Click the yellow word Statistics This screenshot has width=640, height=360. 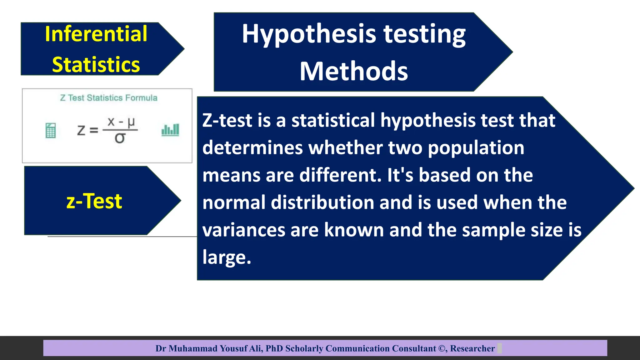tap(96, 65)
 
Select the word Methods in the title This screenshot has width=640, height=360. tap(354, 71)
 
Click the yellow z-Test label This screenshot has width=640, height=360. tap(94, 201)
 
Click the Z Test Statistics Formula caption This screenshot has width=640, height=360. tap(108, 98)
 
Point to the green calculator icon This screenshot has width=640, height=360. tap(51, 130)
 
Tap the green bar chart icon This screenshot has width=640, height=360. tap(170, 130)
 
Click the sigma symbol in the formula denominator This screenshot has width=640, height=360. tap(120, 138)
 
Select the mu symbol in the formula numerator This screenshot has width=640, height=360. tap(131, 122)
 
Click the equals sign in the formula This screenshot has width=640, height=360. tap(94, 130)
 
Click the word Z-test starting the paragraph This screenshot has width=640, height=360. tap(227, 120)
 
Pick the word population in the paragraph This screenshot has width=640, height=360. tap(476, 147)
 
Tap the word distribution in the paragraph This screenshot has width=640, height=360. tap(322, 202)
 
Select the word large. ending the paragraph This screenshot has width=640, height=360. tap(227, 257)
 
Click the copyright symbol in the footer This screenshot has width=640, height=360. tap(442, 348)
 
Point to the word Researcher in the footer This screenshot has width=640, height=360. tap(472, 348)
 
